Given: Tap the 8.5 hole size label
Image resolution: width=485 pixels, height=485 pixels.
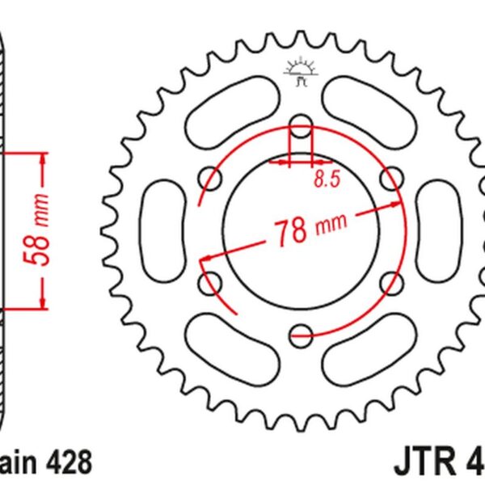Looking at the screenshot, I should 323,182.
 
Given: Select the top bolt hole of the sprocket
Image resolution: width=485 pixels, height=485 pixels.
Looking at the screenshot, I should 301,126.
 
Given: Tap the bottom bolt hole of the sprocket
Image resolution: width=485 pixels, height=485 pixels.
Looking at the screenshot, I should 301,331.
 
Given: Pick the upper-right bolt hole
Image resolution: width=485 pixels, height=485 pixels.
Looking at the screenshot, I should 390,178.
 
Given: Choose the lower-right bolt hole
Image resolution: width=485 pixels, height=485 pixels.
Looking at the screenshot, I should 390,280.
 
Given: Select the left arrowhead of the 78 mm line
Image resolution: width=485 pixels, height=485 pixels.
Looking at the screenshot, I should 206,259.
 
